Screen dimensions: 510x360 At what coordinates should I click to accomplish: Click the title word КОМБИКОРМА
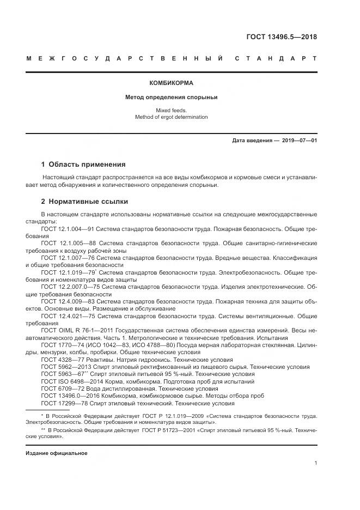tap(171, 83)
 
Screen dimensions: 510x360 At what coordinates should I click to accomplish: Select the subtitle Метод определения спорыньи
tap(171, 98)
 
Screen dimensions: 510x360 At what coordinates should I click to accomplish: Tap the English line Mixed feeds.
tap(171, 110)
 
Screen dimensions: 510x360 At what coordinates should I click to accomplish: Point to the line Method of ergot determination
tap(171, 117)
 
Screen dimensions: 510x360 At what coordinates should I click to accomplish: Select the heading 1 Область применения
tap(83, 164)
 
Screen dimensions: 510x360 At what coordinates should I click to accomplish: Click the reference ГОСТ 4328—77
tap(60, 360)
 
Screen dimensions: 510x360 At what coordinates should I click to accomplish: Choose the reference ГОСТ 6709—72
tap(60, 389)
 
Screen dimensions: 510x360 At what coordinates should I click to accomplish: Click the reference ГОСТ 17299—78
tap(62, 403)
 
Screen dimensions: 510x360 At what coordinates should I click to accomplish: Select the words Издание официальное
tap(56, 453)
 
